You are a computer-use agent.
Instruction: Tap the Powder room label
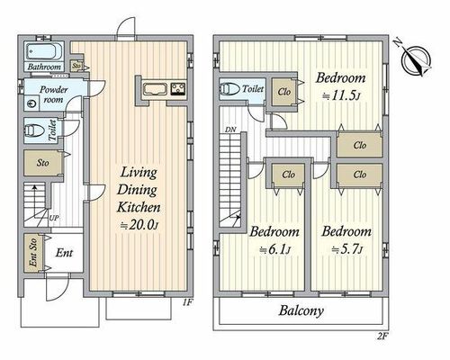[53, 94]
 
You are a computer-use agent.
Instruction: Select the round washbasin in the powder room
[31, 103]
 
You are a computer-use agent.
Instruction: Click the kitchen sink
[154, 89]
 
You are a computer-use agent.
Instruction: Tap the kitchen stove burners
[178, 89]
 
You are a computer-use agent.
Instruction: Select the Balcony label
[301, 310]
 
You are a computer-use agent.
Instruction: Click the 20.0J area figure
[139, 225]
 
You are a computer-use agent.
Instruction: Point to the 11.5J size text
[341, 96]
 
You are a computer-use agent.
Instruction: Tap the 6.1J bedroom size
[274, 250]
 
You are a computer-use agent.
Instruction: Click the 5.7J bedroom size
[347, 249]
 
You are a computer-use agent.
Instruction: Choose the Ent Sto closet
[33, 253]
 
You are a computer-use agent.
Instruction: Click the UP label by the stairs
[54, 218]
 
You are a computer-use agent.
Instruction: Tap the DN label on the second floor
[230, 130]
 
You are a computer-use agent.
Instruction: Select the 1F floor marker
[187, 302]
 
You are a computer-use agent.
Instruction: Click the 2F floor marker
[382, 336]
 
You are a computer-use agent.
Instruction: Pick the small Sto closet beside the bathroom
[76, 66]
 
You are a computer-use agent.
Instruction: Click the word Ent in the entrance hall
[64, 253]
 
